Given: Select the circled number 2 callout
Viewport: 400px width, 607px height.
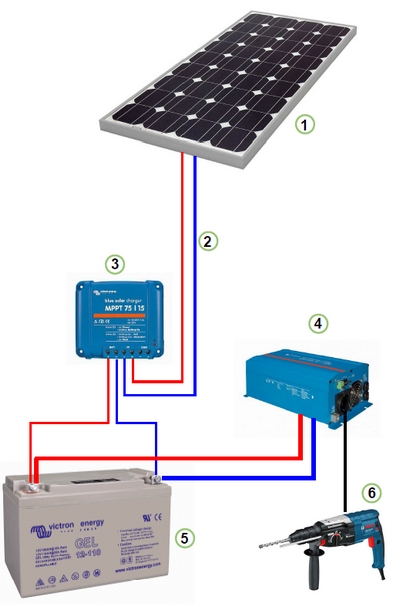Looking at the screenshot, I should [x=208, y=241].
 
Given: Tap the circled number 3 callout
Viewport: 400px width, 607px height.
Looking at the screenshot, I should [x=116, y=264].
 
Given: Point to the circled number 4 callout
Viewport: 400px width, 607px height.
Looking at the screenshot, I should [x=317, y=323].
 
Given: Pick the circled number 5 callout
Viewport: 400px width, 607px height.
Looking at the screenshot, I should [x=185, y=536].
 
